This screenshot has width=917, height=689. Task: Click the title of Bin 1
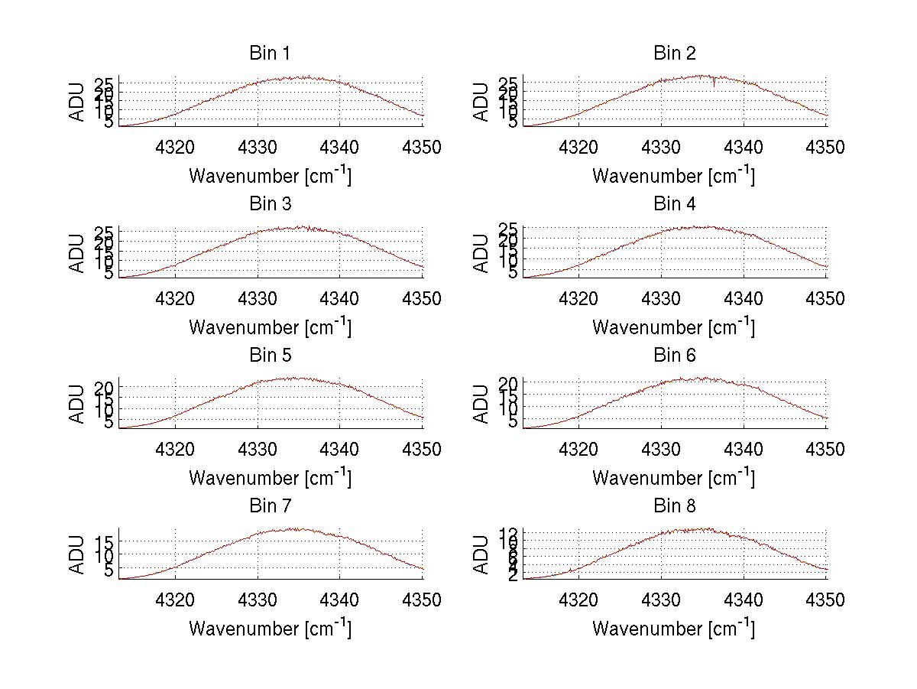pyautogui.click(x=270, y=54)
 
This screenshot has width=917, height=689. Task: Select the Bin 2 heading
pyautogui.click(x=674, y=54)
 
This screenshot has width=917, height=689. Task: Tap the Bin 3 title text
pyautogui.click(x=270, y=204)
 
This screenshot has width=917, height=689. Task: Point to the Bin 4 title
pyautogui.click(x=674, y=204)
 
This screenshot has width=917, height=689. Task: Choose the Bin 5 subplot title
pyautogui.click(x=270, y=356)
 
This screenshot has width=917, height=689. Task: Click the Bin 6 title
pyautogui.click(x=674, y=356)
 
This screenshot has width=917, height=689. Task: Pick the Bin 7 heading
pyautogui.click(x=270, y=506)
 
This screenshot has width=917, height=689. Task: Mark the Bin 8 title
pyautogui.click(x=674, y=506)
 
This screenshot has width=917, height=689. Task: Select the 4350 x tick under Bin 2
pyautogui.click(x=826, y=147)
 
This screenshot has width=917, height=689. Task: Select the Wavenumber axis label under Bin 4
pyautogui.click(x=673, y=327)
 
